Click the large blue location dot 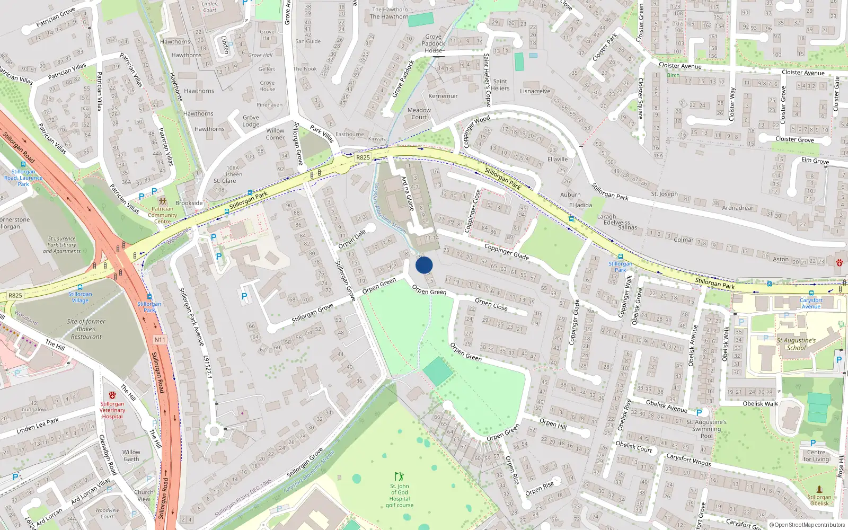click(x=424, y=265)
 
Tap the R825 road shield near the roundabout click(x=363, y=157)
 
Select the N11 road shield click(x=160, y=339)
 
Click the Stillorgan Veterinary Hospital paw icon click(x=112, y=395)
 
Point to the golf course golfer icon click(x=399, y=476)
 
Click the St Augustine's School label click(x=796, y=344)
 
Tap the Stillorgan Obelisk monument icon click(x=819, y=489)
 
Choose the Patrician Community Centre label click(x=163, y=215)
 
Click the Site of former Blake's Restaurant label click(x=86, y=329)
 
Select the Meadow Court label click(x=419, y=113)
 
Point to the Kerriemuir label click(x=443, y=96)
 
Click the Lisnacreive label click(x=535, y=91)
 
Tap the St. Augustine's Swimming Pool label click(x=706, y=429)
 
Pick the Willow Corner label click(x=275, y=134)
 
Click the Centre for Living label click(x=816, y=456)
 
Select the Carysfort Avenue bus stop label click(x=811, y=303)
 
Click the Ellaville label click(x=558, y=159)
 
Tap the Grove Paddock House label click(x=434, y=43)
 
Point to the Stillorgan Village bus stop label click(x=80, y=297)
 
